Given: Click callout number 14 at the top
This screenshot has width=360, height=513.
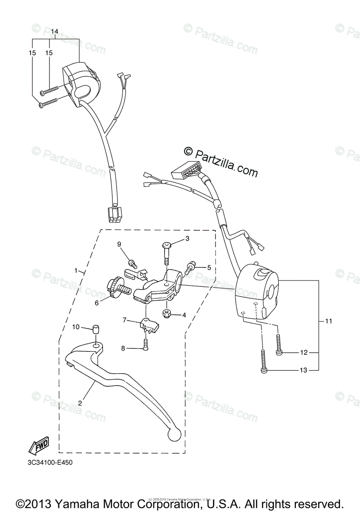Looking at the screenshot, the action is (55, 32).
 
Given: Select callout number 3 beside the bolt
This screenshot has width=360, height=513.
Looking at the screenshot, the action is (187, 239).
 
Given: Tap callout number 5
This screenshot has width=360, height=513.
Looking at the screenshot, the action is (209, 268).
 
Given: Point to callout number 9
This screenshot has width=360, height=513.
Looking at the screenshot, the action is (119, 244).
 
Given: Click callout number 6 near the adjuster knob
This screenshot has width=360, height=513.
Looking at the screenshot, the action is (97, 303).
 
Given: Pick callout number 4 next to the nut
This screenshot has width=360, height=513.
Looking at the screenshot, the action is (184, 315).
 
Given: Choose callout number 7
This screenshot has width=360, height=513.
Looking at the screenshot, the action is (124, 319).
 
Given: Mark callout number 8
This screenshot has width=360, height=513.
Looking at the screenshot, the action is (123, 348).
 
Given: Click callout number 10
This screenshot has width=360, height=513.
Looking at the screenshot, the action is (75, 327).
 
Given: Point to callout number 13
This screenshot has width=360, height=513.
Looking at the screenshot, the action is (304, 370).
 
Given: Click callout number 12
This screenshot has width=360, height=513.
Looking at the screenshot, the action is (304, 353).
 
